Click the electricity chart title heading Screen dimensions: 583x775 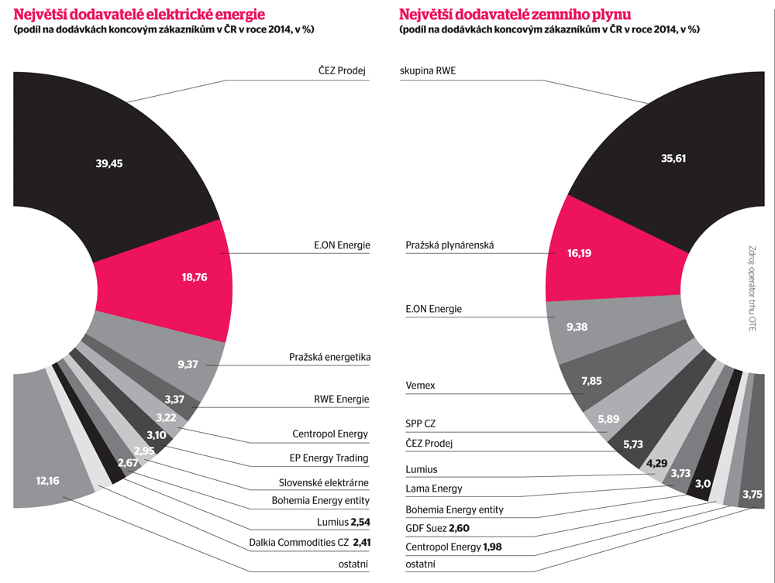click(x=139, y=14)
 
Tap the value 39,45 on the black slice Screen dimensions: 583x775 click(x=109, y=163)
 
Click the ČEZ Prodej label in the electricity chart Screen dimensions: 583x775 click(x=341, y=70)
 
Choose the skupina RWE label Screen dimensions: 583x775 click(x=428, y=70)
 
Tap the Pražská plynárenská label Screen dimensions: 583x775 click(x=449, y=245)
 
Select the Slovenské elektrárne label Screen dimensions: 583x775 click(x=324, y=483)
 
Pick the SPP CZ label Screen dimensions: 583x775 click(x=421, y=424)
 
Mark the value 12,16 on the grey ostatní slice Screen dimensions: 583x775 click(x=47, y=480)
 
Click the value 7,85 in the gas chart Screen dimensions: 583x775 click(x=591, y=380)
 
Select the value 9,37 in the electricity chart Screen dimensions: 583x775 click(x=188, y=365)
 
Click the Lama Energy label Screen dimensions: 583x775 click(x=434, y=489)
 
